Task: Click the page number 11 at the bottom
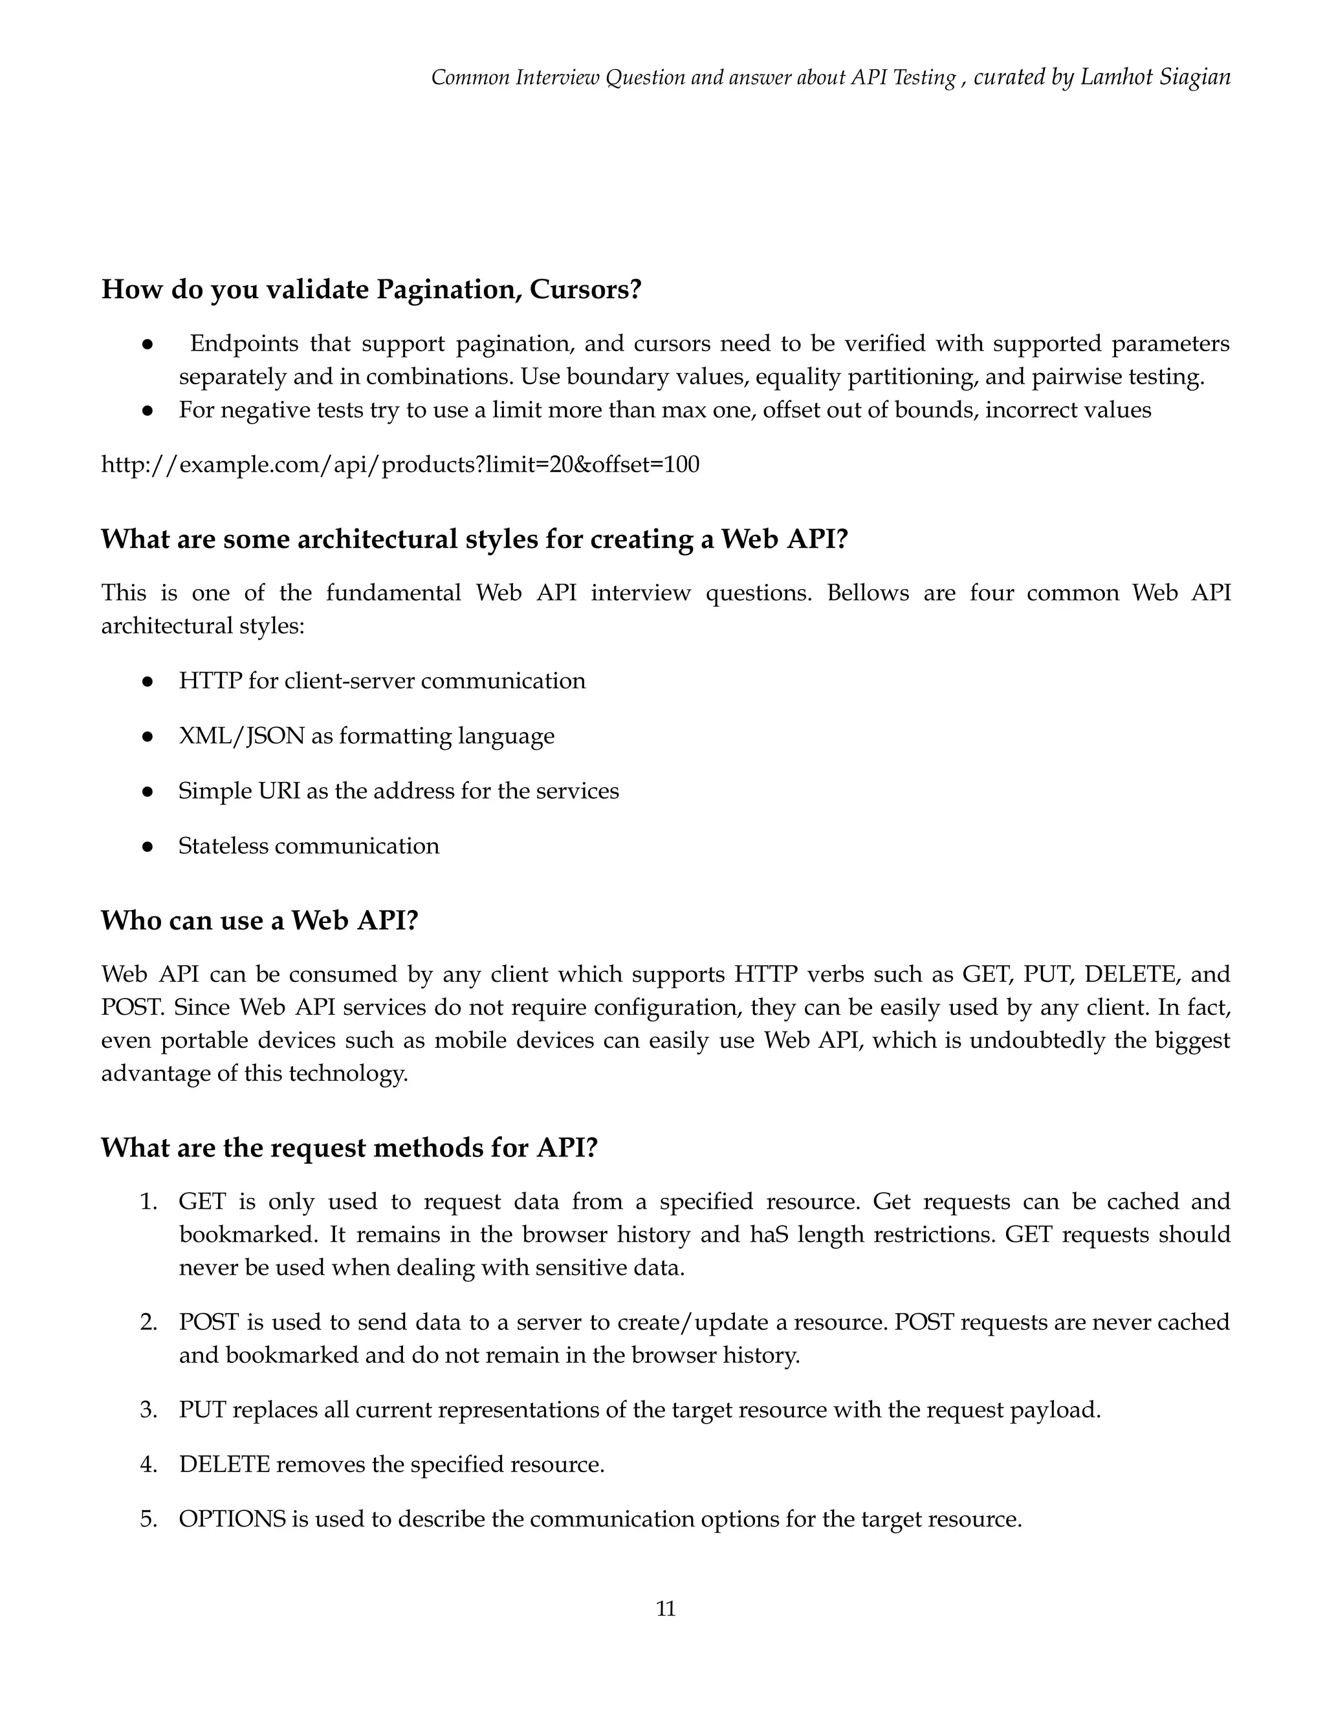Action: [665, 1609]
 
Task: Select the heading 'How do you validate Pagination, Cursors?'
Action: [371, 290]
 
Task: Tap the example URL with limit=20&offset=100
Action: [400, 464]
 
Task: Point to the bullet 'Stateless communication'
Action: [309, 846]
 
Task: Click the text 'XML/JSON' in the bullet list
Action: [241, 736]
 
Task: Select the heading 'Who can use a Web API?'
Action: [260, 920]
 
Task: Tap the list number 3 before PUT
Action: [148, 1410]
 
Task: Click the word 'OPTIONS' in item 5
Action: [232, 1519]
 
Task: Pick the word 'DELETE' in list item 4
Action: [224, 1465]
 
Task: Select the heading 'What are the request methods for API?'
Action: [349, 1148]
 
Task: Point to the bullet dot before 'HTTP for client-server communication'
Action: [147, 681]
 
